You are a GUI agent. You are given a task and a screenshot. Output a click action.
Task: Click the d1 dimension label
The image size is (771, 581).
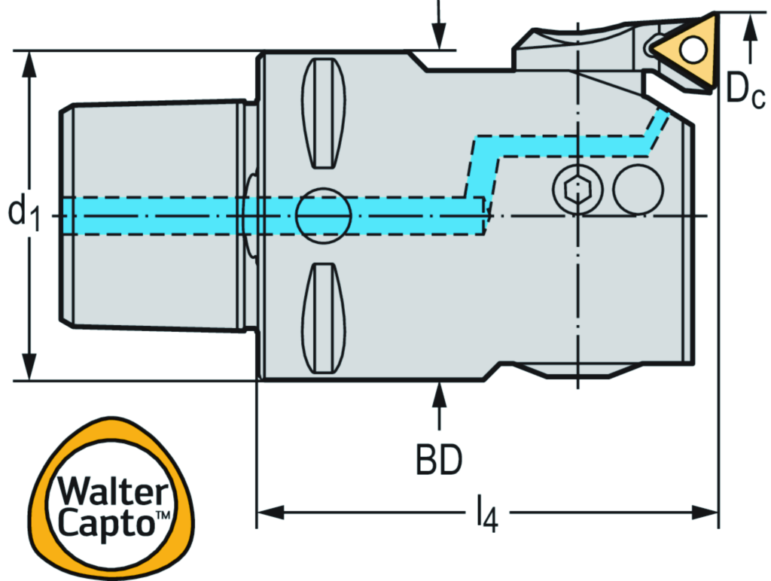[23, 213]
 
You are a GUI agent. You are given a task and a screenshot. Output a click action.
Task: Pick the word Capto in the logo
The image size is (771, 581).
[105, 522]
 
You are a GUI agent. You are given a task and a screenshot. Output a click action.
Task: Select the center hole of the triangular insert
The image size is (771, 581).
[693, 50]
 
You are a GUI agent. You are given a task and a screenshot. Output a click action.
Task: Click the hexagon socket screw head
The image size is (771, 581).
[577, 188]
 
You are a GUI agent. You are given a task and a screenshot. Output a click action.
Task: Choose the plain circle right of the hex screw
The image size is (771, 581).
[638, 188]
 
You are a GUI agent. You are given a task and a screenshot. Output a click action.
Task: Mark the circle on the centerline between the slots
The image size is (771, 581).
[324, 215]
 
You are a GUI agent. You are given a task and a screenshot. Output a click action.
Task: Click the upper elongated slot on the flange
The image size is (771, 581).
[324, 113]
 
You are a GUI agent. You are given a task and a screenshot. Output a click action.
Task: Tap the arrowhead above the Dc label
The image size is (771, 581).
[748, 26]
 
